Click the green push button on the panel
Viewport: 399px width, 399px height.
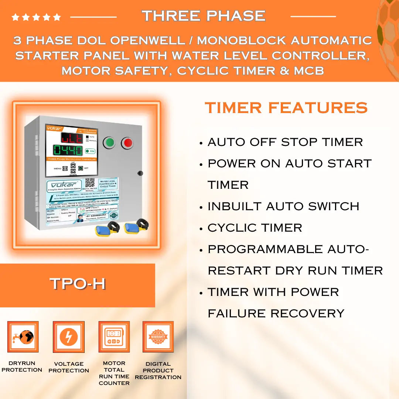coord(109,142)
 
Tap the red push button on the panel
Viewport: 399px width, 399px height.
coord(127,143)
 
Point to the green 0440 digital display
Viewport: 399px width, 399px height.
coord(68,150)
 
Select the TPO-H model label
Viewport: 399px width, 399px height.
coord(78,284)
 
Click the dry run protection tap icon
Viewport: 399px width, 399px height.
coord(23,337)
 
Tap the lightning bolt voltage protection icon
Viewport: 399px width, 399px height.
coord(69,337)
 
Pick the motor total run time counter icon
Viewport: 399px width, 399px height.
coord(114,337)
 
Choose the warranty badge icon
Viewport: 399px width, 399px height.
coord(158,337)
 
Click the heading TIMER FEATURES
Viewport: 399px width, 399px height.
coord(286,108)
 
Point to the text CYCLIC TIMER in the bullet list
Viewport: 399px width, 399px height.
coord(255,228)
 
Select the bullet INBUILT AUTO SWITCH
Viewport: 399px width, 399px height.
coord(283,206)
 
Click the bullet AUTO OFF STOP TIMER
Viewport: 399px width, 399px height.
coord(285,142)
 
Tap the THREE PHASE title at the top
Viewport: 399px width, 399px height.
coord(204,16)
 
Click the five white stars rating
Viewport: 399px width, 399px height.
coord(36,17)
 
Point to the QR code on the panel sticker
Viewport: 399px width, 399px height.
coord(90,183)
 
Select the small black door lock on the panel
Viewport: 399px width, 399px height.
coord(140,173)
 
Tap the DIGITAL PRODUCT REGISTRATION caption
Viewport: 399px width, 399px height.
coord(158,370)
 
